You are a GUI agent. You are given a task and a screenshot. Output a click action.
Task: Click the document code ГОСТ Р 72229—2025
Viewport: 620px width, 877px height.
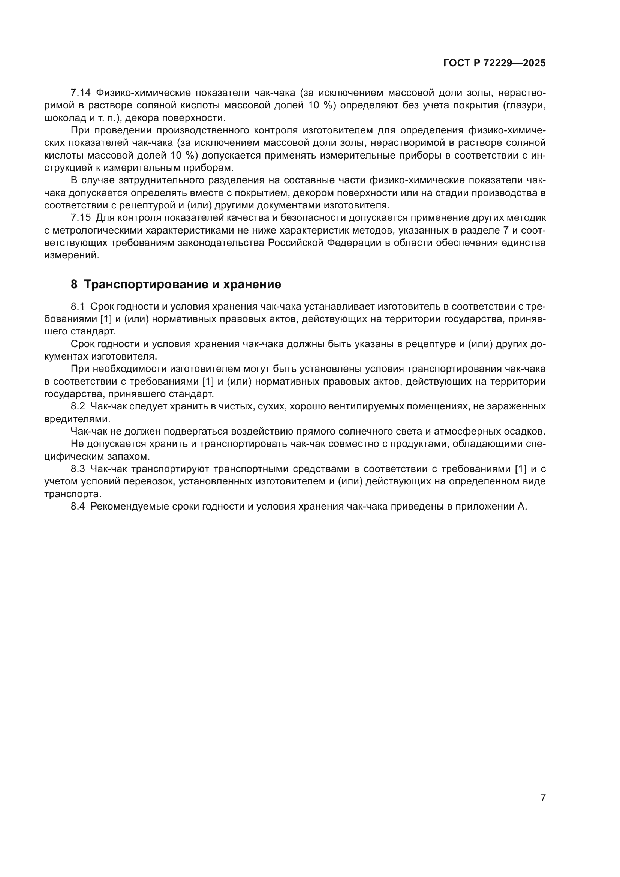494,63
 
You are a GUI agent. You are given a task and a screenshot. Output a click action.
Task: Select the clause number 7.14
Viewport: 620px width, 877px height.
80,93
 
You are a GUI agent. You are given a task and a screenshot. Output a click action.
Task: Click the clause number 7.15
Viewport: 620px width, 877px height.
81,218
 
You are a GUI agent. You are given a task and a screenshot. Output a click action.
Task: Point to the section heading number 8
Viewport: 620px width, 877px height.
74,284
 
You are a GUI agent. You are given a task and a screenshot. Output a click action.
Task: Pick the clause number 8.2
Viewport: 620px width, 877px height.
78,406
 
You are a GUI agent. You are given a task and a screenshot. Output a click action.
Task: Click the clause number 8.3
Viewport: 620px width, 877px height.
78,469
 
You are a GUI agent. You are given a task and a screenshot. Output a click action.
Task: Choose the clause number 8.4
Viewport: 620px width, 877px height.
78,506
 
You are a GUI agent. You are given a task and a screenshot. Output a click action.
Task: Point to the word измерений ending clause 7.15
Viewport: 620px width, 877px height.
71,256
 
